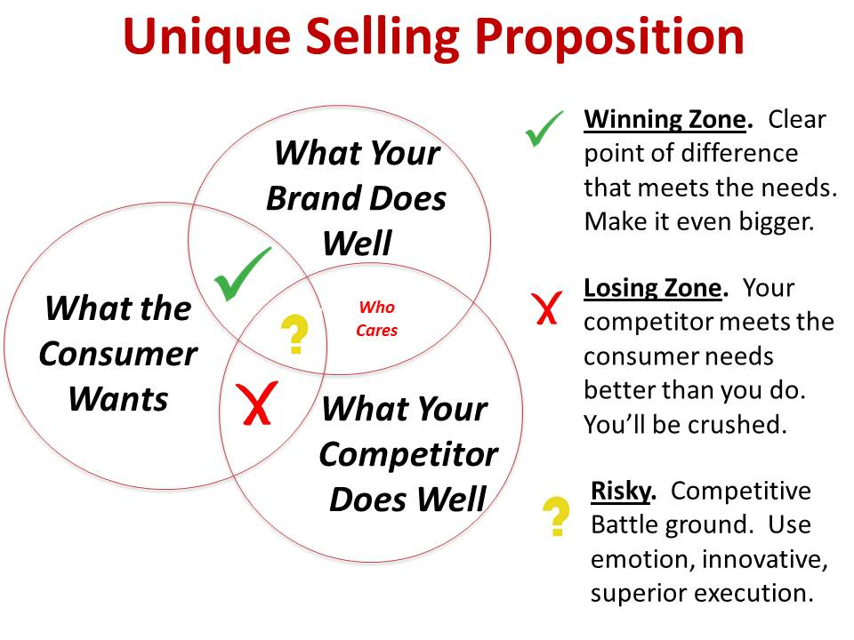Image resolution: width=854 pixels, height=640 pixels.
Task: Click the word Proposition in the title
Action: [x=609, y=38]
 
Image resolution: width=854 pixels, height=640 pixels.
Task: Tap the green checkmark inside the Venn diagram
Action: [x=242, y=275]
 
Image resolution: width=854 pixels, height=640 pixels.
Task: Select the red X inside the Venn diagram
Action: [x=256, y=404]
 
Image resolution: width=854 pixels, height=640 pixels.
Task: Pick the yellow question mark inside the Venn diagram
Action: [x=294, y=334]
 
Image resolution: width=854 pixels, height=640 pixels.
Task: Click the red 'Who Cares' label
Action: [x=377, y=318]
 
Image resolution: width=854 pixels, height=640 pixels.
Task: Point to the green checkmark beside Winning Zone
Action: [x=544, y=129]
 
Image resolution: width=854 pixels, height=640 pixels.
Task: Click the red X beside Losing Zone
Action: [x=546, y=308]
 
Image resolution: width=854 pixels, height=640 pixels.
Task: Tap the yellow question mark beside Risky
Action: [x=556, y=516]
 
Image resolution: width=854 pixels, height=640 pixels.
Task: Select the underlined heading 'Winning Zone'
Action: [x=665, y=119]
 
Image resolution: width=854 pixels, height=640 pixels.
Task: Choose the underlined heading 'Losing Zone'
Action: [x=652, y=288]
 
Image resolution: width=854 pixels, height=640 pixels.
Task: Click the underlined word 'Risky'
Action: [x=620, y=492]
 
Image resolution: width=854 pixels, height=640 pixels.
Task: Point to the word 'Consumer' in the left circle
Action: [x=118, y=354]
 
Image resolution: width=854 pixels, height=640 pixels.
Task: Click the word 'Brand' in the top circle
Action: [x=308, y=198]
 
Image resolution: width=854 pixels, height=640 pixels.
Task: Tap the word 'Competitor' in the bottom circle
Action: [x=408, y=454]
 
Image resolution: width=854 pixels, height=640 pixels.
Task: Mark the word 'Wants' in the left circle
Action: [x=118, y=399]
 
